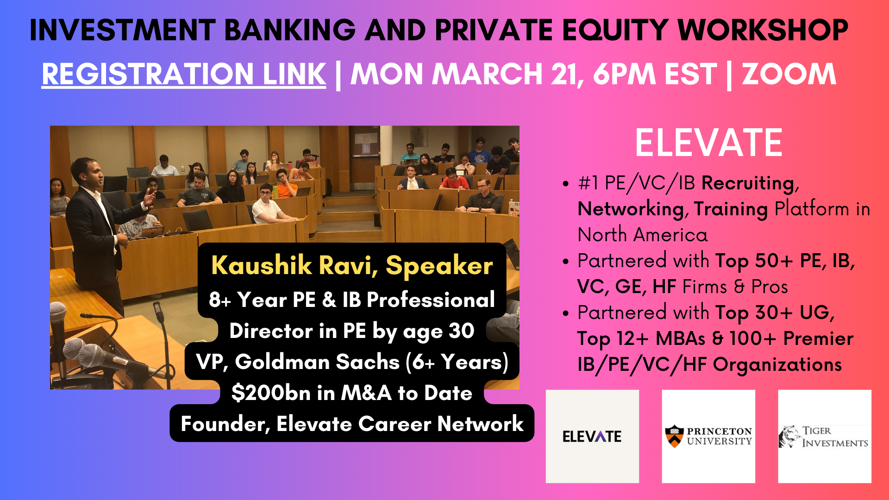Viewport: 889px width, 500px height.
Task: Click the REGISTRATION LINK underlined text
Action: point(184,74)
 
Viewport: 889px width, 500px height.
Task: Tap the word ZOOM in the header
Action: point(789,74)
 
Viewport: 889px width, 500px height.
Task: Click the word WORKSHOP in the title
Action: point(763,30)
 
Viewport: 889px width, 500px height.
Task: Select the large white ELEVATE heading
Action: point(708,143)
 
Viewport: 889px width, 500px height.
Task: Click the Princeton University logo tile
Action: point(708,436)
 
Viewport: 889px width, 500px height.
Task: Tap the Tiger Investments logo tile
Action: point(825,436)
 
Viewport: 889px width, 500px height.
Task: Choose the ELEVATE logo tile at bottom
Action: point(592,436)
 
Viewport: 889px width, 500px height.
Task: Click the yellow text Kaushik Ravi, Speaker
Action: point(352,266)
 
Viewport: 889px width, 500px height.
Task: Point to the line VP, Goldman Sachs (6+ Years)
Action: point(352,362)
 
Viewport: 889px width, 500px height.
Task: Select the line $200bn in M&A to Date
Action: point(352,393)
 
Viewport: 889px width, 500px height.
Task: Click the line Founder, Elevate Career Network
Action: point(352,424)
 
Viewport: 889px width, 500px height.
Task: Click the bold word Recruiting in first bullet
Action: point(748,184)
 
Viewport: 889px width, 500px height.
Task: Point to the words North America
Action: point(643,235)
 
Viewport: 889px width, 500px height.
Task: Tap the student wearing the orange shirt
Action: point(453,180)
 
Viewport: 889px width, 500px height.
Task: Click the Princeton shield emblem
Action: point(674,436)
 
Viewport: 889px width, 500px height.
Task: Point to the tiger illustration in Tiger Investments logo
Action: point(789,437)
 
